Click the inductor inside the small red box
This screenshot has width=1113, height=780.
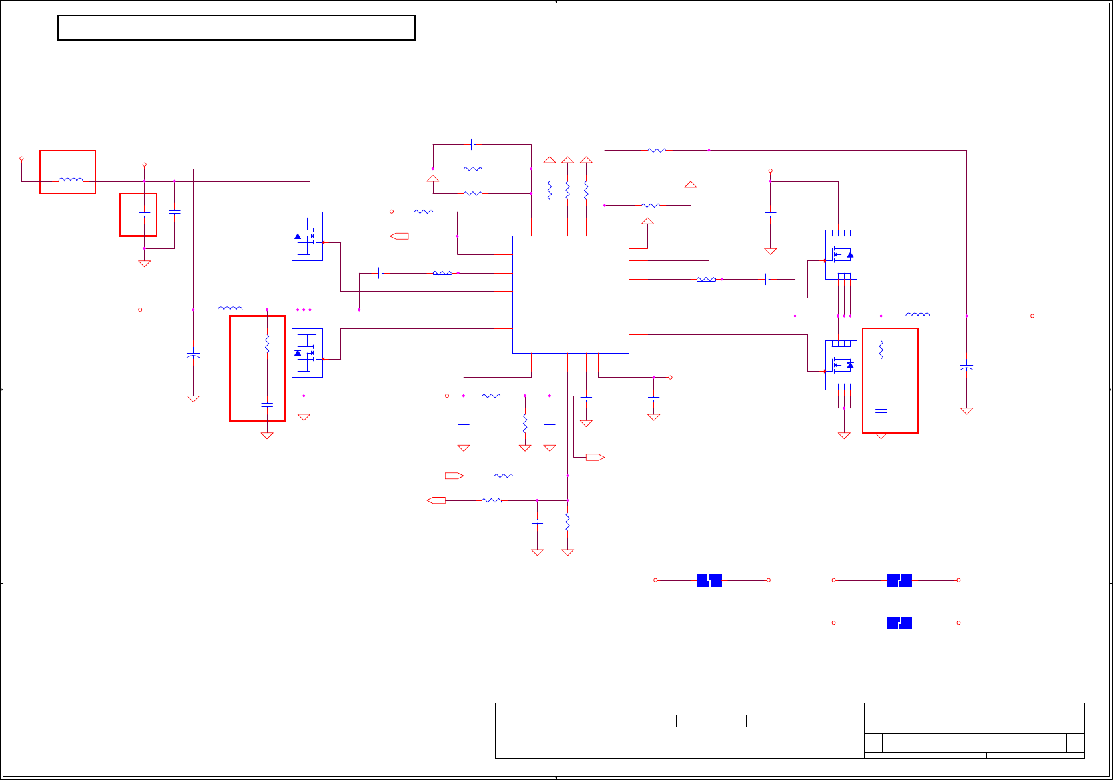[70, 179]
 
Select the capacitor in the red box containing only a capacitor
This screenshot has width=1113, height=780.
[144, 214]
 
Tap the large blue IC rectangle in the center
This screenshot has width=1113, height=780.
[570, 294]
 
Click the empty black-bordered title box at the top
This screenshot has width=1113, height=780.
[236, 28]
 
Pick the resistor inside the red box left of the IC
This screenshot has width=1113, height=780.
[267, 344]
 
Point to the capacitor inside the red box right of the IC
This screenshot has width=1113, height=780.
[881, 411]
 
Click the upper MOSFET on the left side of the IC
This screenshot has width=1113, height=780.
[307, 236]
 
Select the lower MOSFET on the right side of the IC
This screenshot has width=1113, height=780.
[841, 365]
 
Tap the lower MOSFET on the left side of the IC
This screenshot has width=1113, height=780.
[307, 353]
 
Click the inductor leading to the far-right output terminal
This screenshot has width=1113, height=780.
[917, 315]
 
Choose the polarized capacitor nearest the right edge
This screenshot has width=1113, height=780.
[966, 367]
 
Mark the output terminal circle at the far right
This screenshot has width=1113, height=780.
[1032, 316]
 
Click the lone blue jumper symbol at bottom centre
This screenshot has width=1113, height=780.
[709, 580]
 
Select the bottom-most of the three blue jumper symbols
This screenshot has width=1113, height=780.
[899, 623]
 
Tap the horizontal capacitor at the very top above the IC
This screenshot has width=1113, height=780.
[472, 144]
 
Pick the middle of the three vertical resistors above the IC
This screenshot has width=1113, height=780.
[567, 191]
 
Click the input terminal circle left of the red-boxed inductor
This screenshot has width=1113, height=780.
[21, 159]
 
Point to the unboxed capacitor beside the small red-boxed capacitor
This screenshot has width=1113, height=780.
[175, 212]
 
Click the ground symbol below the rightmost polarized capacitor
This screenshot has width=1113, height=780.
[966, 411]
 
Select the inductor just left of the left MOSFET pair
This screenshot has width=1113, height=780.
[230, 309]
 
